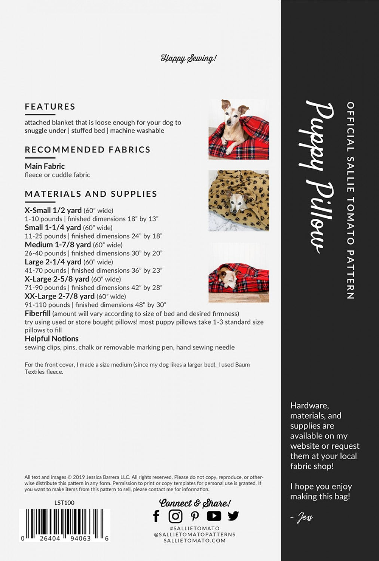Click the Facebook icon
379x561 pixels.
tap(156, 516)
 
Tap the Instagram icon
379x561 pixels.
tap(175, 516)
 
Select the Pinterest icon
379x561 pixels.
tap(195, 516)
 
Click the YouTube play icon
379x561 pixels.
tap(214, 516)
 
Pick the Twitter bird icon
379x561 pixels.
tap(233, 516)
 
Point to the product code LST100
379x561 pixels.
tap(64, 503)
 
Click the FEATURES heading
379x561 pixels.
tap(50, 107)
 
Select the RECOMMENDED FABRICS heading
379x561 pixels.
tap(88, 150)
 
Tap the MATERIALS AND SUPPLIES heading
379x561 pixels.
tap(91, 194)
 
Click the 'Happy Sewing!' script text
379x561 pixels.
tap(189, 58)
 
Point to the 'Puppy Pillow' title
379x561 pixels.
tap(317, 176)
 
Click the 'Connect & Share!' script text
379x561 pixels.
tap(195, 503)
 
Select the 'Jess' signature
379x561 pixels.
tap(305, 518)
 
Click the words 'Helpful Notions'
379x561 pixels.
tap(52, 339)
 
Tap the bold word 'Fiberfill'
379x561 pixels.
tap(37, 313)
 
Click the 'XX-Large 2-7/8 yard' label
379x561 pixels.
tap(59, 296)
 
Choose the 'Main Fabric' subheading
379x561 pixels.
tap(45, 166)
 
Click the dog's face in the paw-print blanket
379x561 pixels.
tap(236, 202)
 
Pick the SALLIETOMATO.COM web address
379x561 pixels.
tap(195, 540)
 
